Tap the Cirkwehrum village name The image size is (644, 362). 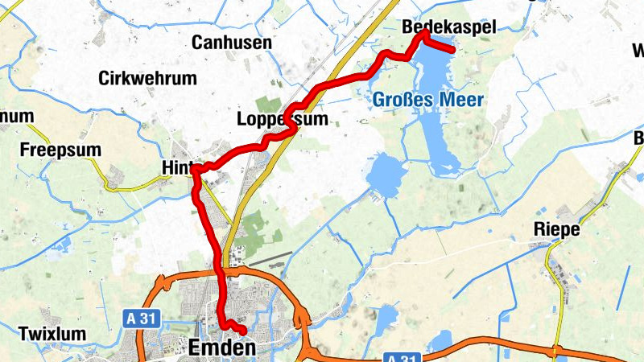click(x=147, y=78)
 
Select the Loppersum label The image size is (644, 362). click(x=283, y=120)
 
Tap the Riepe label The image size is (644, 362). click(x=556, y=229)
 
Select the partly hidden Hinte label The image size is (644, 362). click(x=179, y=166)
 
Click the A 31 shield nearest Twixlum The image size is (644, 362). click(x=140, y=319)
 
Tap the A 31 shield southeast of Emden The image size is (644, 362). click(x=400, y=356)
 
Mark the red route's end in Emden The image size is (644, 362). click(x=242, y=331)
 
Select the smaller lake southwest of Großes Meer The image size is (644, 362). click(x=385, y=171)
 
